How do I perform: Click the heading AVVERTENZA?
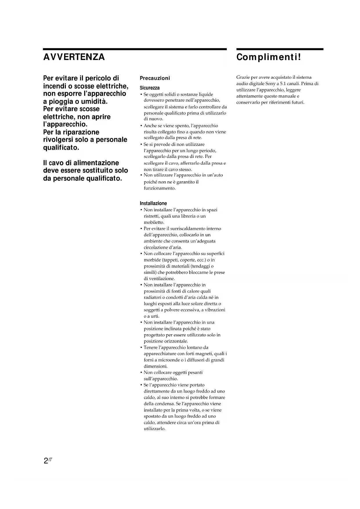(x=74, y=57)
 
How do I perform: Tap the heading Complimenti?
(x=269, y=57)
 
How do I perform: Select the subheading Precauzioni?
(x=155, y=78)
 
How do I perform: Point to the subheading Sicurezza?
(x=150, y=88)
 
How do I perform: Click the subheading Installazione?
(x=153, y=203)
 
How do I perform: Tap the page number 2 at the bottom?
(x=46, y=461)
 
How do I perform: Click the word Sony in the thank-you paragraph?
(x=270, y=84)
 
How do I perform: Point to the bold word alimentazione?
(x=96, y=163)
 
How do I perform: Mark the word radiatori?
(x=153, y=297)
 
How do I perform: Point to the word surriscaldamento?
(x=186, y=228)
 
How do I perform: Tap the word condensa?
(x=164, y=404)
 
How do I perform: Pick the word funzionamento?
(x=160, y=188)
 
